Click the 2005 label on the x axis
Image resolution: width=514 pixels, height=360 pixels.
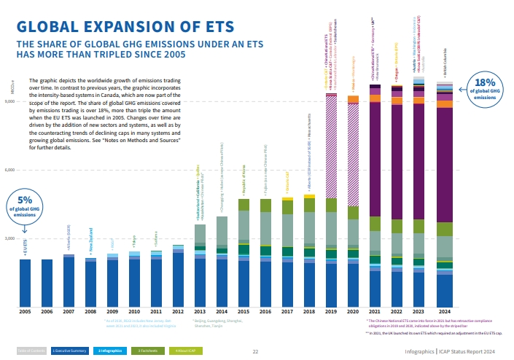25,311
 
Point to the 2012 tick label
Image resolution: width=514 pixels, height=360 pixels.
178,311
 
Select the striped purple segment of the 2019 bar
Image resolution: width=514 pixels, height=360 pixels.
332,146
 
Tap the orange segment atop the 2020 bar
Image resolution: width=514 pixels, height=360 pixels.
354,99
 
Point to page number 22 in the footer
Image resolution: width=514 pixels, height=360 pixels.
255,351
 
